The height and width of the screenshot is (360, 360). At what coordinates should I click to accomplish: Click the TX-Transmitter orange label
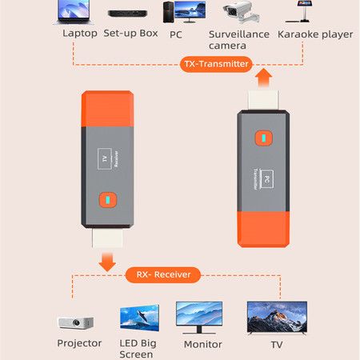[216, 64]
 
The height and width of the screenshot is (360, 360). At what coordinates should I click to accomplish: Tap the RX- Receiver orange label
[163, 274]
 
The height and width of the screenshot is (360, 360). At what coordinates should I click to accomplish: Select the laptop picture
[74, 12]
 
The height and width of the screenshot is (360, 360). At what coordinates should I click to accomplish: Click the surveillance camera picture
[241, 12]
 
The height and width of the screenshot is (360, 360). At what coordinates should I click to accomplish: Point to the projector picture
[76, 323]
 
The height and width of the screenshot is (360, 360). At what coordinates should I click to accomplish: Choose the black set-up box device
[127, 14]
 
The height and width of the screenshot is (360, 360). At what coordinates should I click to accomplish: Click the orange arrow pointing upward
[263, 78]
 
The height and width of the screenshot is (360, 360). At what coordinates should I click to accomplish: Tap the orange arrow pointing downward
[107, 262]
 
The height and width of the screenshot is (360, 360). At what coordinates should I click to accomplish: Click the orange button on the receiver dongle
[108, 200]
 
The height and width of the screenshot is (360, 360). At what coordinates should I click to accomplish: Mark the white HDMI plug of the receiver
[107, 238]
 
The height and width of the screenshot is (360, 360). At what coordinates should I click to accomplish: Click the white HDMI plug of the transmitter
[263, 100]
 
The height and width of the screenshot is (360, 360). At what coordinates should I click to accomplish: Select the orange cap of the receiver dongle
[108, 109]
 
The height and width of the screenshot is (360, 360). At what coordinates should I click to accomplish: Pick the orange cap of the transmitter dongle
[263, 230]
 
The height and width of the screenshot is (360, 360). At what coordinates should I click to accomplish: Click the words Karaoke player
[315, 34]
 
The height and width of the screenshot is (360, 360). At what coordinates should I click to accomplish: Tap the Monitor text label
[202, 344]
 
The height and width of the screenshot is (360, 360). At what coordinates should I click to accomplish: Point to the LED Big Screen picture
[139, 318]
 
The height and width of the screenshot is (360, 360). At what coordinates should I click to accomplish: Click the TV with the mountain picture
[277, 318]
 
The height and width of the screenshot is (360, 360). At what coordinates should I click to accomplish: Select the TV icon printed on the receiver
[105, 159]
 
